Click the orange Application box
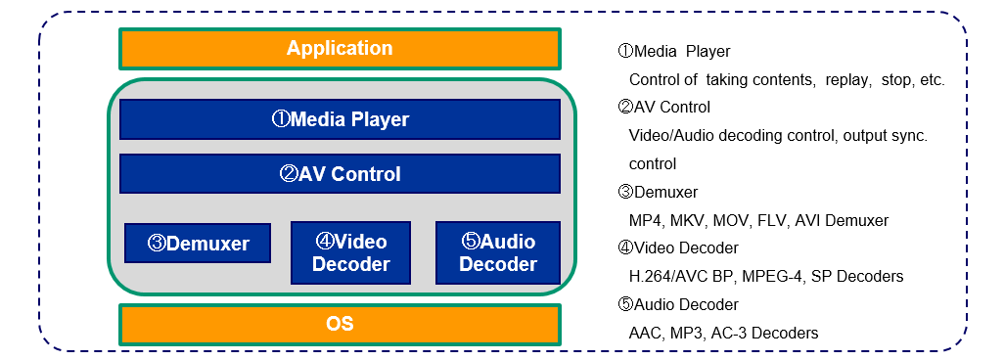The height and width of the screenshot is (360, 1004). coord(340,48)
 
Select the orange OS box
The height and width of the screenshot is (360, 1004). coord(340,324)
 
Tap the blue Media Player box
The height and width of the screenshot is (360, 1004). coord(340,119)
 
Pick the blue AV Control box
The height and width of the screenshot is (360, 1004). coord(340,173)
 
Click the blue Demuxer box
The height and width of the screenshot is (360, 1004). coord(198,243)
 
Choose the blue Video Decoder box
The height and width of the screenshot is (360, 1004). coord(351,252)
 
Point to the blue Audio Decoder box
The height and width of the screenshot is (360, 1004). coord(498,252)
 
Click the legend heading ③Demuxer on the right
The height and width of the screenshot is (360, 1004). coord(658,192)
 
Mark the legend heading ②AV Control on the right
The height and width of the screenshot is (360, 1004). coord(664,107)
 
